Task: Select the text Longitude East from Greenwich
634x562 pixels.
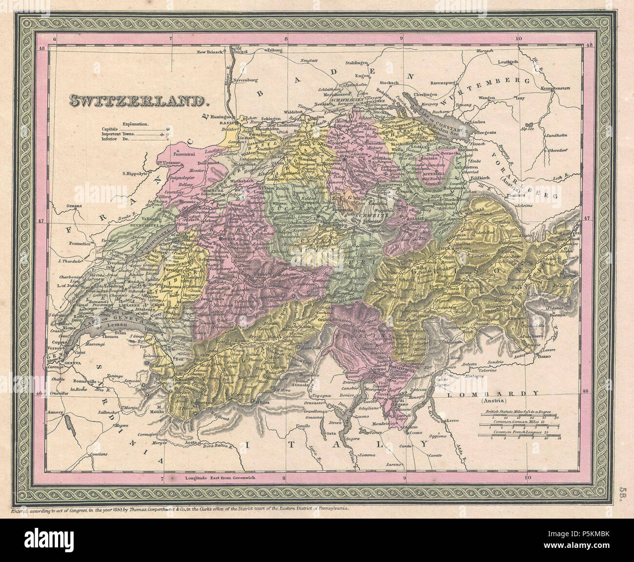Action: point(220,478)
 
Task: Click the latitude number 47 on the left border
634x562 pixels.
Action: point(41,221)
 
